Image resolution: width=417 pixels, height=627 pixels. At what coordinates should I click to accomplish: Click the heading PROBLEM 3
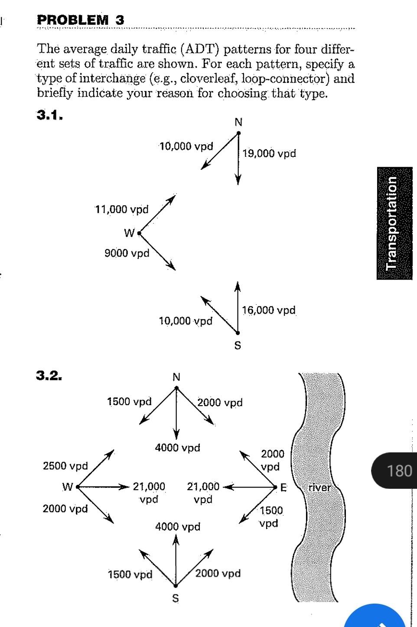[81, 20]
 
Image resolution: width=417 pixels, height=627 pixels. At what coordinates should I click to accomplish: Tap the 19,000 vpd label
[269, 153]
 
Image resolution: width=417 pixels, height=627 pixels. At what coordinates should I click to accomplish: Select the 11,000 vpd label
[122, 210]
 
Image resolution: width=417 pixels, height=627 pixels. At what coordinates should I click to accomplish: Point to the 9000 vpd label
[127, 253]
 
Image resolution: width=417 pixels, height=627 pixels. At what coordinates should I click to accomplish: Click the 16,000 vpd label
[269, 310]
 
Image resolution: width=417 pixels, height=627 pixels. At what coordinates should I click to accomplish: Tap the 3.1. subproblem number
[50, 115]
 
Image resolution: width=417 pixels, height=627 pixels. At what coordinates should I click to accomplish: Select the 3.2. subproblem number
[49, 375]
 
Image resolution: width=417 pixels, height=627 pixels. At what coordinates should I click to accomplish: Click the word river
[319, 487]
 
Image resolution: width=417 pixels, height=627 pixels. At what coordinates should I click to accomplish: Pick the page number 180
[399, 471]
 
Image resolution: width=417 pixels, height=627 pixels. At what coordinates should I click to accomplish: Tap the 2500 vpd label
[65, 466]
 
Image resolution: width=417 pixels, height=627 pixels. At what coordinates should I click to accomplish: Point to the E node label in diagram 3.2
[283, 488]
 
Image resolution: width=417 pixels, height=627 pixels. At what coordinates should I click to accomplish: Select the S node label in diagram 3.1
[238, 346]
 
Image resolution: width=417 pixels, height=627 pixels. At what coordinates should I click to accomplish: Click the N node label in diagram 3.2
[176, 377]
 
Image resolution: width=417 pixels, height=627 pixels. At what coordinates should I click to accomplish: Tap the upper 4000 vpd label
[178, 448]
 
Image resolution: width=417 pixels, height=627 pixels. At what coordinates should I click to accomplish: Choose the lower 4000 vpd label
[178, 527]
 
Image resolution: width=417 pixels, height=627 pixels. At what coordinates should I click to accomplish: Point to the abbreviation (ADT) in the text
[201, 49]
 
